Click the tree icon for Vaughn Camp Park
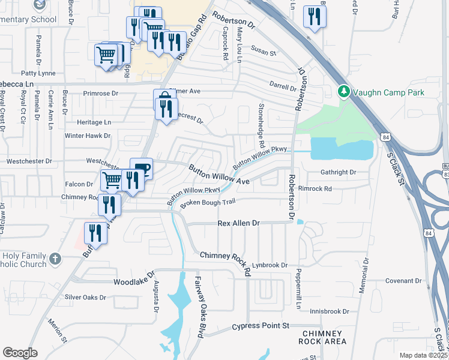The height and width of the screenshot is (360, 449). click(x=343, y=92)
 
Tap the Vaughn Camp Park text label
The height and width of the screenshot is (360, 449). click(x=388, y=92)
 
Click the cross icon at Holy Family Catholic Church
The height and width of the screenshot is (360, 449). click(x=55, y=259)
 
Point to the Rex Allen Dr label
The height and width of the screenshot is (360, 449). click(x=238, y=223)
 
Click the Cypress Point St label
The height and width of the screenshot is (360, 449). click(x=261, y=326)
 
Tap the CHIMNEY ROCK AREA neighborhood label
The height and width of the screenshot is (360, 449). click(x=324, y=337)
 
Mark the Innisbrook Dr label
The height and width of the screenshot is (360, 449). click(x=330, y=311)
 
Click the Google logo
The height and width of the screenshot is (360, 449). click(x=20, y=353)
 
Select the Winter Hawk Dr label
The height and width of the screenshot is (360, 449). click(x=88, y=136)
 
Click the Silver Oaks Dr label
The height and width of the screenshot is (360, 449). click(x=85, y=297)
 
